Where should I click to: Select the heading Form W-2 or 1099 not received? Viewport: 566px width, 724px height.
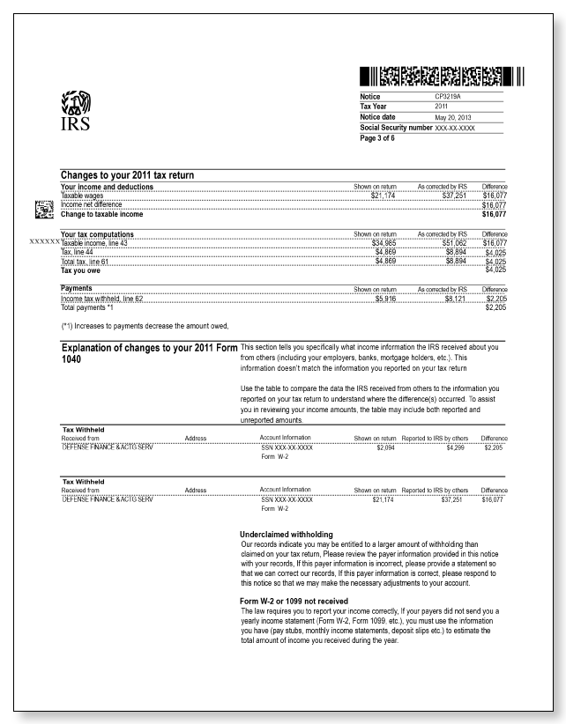click(297, 601)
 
